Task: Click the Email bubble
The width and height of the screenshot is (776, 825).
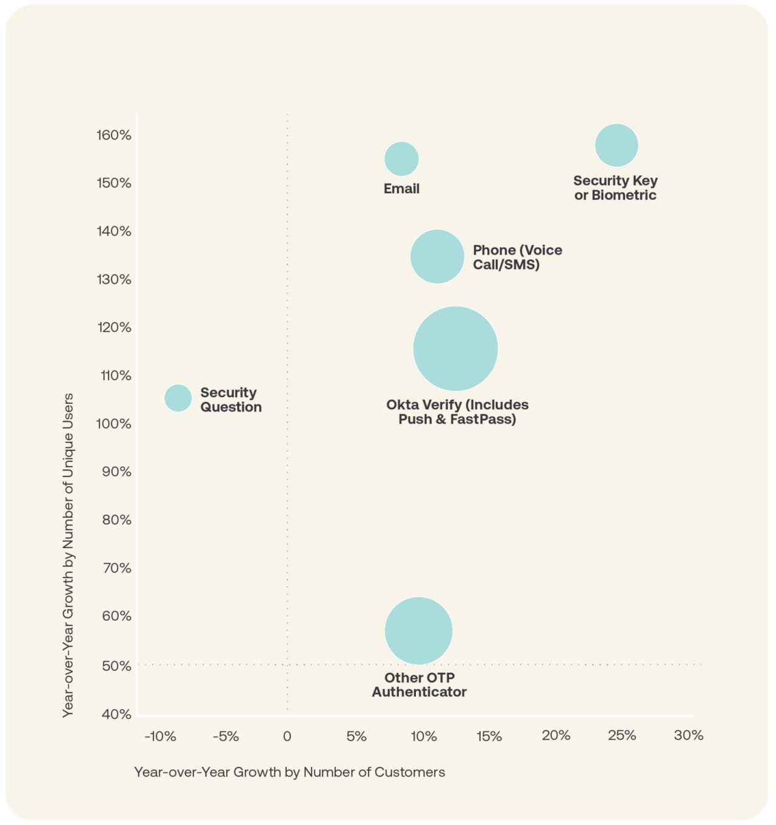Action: (401, 159)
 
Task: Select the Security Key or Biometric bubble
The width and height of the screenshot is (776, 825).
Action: (617, 145)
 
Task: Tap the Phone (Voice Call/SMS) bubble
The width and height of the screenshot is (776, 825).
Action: (437, 256)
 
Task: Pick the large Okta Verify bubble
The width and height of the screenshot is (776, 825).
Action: (455, 349)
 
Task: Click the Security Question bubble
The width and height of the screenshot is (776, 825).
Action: (178, 398)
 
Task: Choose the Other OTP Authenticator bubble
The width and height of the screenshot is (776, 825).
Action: (418, 631)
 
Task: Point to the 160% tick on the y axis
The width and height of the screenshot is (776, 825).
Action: (114, 135)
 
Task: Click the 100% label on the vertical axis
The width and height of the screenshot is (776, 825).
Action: (114, 424)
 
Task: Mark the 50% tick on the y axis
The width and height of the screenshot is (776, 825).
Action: (116, 666)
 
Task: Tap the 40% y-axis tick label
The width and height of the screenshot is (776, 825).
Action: (116, 714)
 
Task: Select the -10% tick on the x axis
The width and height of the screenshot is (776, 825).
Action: (160, 736)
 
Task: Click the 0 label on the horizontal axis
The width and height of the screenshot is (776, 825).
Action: (287, 736)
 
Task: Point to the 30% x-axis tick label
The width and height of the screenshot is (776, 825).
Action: (689, 735)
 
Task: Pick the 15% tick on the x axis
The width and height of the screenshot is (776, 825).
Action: (489, 736)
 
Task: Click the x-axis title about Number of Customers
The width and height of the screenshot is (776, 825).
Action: (289, 772)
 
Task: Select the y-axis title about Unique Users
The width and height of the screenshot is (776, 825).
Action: (68, 555)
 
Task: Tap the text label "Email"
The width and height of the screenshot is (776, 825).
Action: (401, 189)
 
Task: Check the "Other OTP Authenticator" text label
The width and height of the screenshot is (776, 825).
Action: (419, 685)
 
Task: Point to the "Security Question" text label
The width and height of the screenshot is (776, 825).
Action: (231, 400)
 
